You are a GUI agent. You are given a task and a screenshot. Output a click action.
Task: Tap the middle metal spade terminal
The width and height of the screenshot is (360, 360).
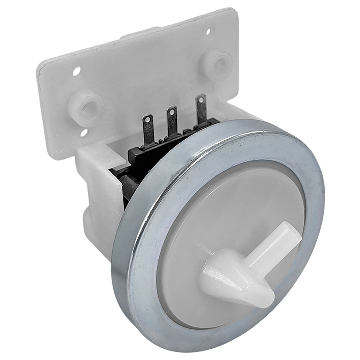pyautogui.click(x=172, y=121)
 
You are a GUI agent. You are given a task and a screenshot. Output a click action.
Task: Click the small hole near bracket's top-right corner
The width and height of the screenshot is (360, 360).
pyautogui.click(x=208, y=32)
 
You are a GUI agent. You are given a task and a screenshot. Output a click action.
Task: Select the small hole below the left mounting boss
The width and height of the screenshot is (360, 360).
pyautogui.click(x=84, y=133)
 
